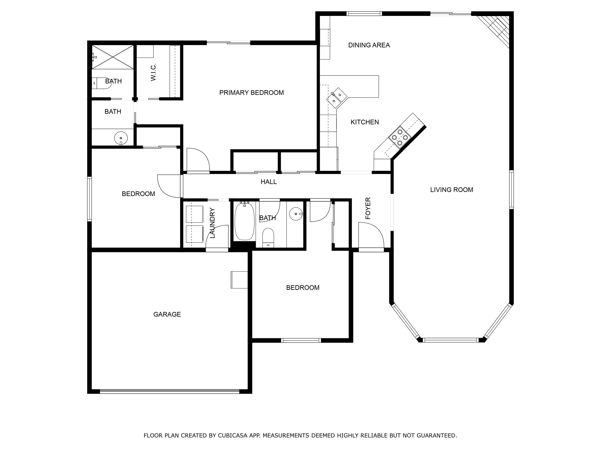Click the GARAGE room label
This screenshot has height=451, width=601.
click(167, 314)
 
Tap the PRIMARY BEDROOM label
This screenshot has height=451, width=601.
click(251, 93)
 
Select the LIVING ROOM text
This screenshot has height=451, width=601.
click(452, 190)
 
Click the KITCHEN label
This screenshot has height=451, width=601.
click(365, 122)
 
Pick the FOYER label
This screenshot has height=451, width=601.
click(368, 208)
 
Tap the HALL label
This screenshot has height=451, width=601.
click(268, 182)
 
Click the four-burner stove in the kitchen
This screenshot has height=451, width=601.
click(400, 137)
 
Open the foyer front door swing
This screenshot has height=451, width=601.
click(371, 236)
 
